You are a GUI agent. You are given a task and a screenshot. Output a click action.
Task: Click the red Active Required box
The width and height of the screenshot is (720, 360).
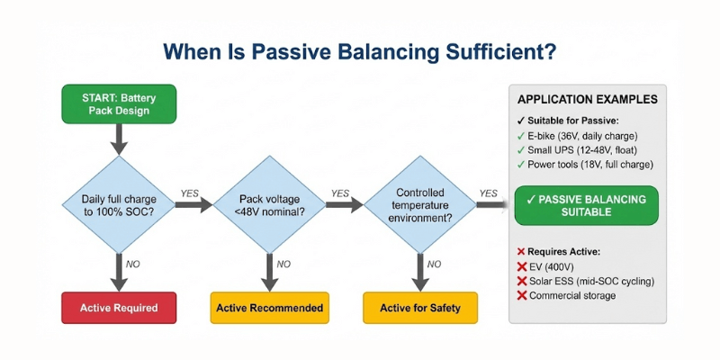coord(118,308)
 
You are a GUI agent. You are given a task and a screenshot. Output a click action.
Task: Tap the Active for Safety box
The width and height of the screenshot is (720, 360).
coord(419,308)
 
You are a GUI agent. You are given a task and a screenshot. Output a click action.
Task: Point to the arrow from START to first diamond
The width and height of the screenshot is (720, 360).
coord(118,139)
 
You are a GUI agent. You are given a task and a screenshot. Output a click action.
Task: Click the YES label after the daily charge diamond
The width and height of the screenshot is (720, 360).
coord(190,193)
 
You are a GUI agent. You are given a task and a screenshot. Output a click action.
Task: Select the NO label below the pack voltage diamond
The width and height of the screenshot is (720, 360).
coord(283,264)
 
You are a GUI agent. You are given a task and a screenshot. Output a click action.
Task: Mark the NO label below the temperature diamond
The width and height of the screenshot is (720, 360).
coord(433,264)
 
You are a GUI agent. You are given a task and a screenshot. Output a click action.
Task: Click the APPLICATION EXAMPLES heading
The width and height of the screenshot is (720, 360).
coord(587,100)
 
